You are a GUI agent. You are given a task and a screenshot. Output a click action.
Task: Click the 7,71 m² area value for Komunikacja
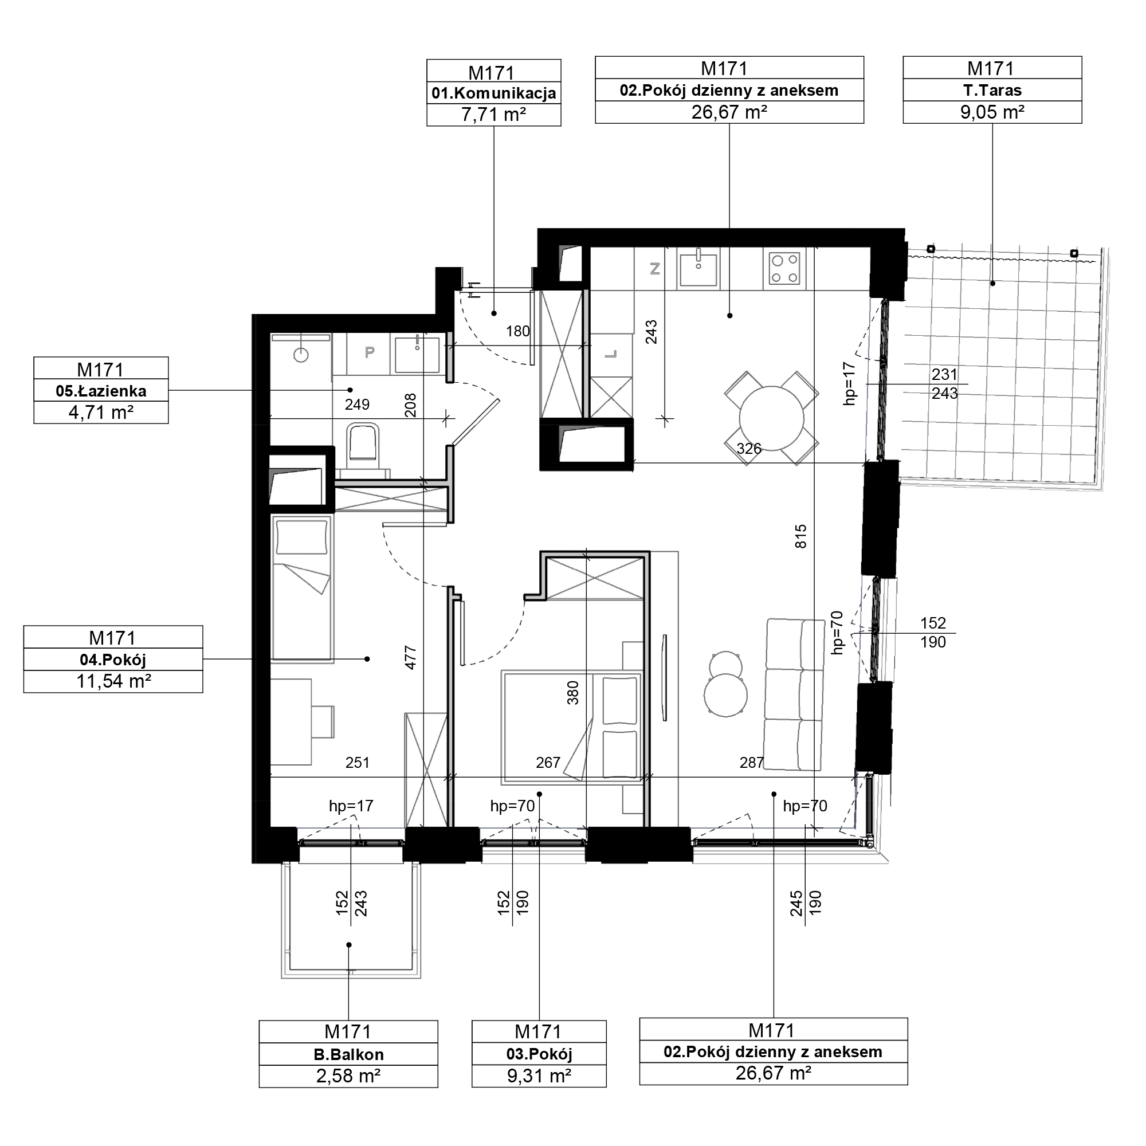pyautogui.click(x=493, y=114)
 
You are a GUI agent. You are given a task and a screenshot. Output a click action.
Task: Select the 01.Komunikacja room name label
pyautogui.click(x=493, y=93)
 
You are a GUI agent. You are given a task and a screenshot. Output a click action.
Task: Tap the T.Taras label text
pyautogui.click(x=992, y=90)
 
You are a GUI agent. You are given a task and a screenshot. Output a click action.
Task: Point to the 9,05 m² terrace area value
pyautogui.click(x=992, y=112)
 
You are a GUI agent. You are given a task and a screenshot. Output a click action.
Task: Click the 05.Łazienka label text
pyautogui.click(x=101, y=391)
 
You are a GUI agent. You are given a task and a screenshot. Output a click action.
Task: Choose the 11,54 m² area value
pyautogui.click(x=113, y=681)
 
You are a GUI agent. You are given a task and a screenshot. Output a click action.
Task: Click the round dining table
pyautogui.click(x=772, y=418)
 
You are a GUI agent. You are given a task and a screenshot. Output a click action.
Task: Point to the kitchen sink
pyautogui.click(x=698, y=269)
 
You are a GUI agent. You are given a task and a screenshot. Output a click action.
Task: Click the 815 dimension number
pyautogui.click(x=801, y=536)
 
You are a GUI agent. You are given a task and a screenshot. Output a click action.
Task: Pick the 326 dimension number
pyautogui.click(x=748, y=449)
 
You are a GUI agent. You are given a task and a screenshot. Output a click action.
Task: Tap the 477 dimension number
pyautogui.click(x=410, y=658)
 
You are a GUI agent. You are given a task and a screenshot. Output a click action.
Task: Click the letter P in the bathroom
pyautogui.click(x=369, y=353)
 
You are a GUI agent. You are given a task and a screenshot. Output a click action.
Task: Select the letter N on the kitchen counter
pyautogui.click(x=655, y=269)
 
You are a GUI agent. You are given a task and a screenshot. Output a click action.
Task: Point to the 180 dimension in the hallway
pyautogui.click(x=518, y=332)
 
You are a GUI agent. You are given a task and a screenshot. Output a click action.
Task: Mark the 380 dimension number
pyautogui.click(x=572, y=693)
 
